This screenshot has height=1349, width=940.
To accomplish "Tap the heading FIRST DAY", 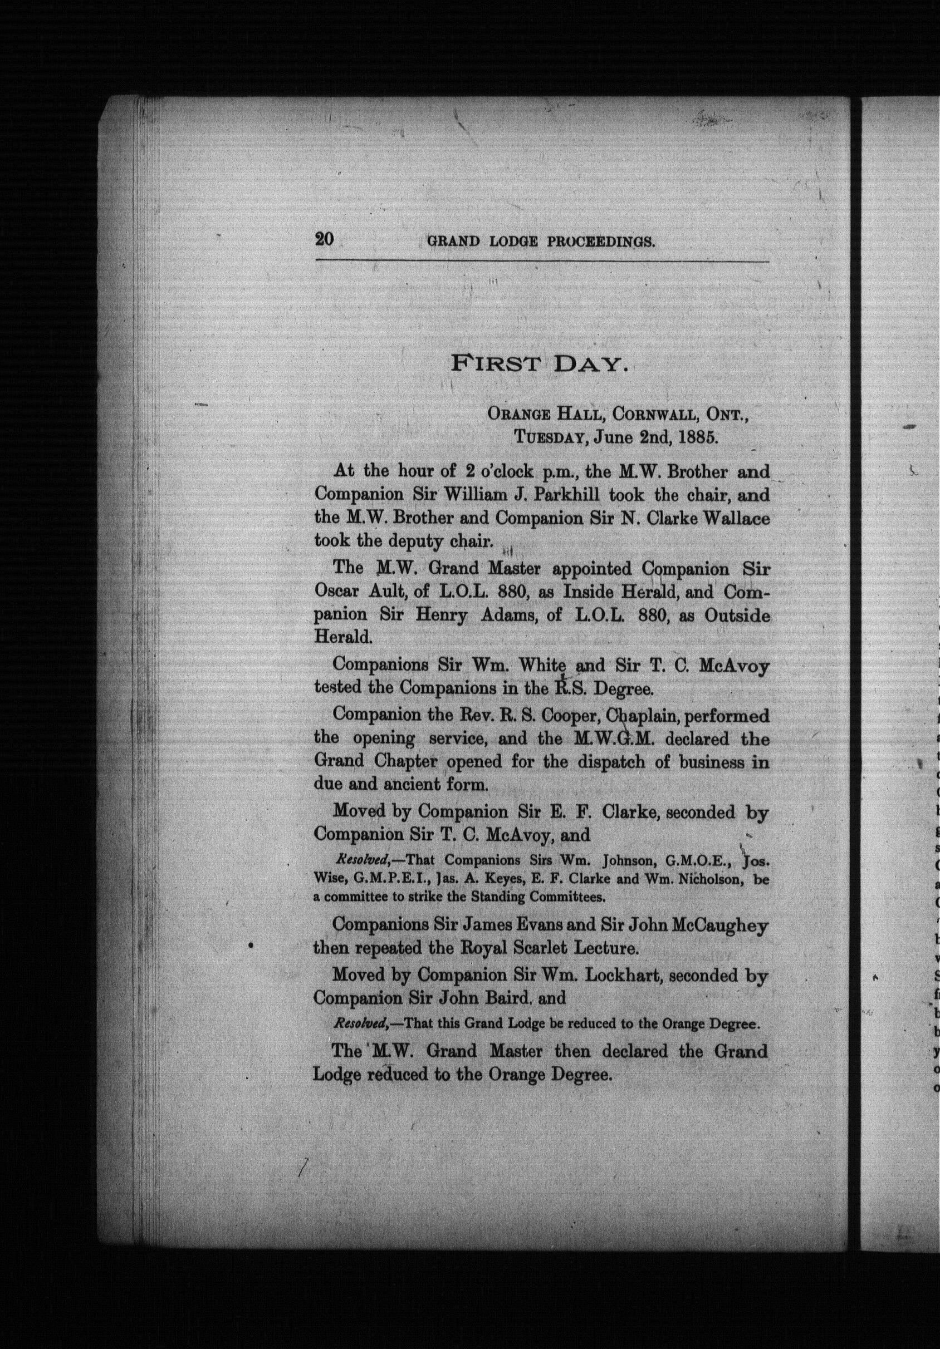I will click(x=539, y=365).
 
